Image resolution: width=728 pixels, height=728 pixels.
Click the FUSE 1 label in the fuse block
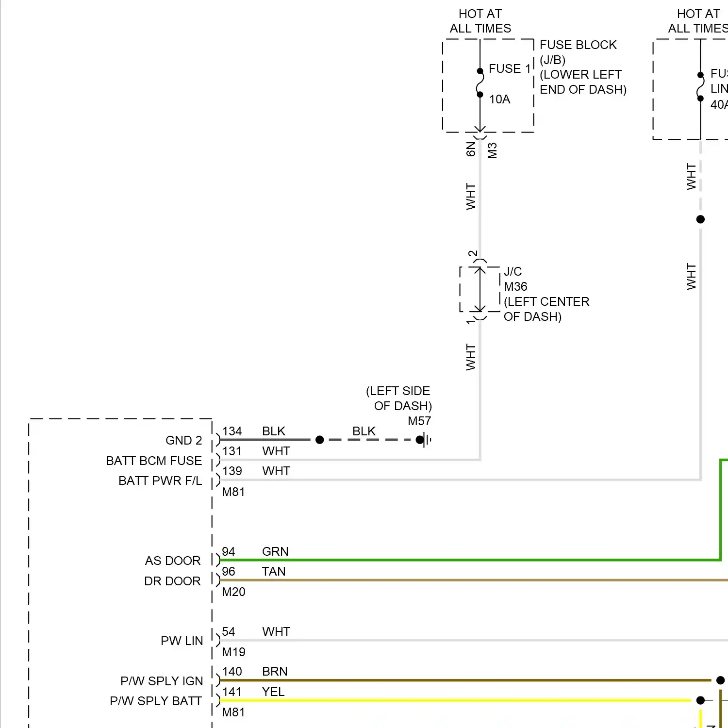coord(509,69)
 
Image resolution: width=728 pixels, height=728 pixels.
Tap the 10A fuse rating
coord(499,99)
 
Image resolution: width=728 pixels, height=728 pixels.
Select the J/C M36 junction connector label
coord(515,279)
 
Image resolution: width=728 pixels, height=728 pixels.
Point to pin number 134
coord(232,431)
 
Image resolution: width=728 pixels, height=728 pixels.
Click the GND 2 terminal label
coord(183,441)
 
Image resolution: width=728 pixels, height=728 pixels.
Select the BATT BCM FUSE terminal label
coord(154,461)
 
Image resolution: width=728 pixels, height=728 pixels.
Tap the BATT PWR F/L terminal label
coord(160,481)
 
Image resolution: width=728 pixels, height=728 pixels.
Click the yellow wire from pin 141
coord(437,700)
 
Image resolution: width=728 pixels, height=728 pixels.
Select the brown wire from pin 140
coord(437,680)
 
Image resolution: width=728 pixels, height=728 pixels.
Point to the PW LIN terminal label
coord(182,641)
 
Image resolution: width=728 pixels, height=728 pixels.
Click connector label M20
coord(233,592)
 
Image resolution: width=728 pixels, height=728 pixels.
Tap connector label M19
coord(233,652)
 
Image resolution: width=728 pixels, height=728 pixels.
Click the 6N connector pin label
coord(471,149)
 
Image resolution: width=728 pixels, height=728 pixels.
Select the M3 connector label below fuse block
coord(492,150)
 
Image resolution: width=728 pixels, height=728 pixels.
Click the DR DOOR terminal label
coord(172,581)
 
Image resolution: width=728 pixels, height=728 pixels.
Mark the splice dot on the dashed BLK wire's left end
coord(319,440)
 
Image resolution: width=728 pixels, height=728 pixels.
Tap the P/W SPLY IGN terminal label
coord(162,681)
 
